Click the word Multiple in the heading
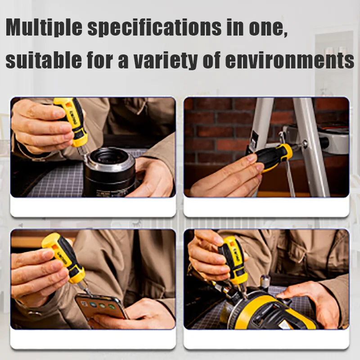[x=44, y=27]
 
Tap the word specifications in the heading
[x=154, y=27]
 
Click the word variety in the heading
[x=166, y=60]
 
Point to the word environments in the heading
[x=289, y=60]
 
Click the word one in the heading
[x=268, y=29]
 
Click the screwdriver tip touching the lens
[x=83, y=153]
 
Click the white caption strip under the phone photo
[x=93, y=339]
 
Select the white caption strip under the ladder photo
[x=266, y=207]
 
